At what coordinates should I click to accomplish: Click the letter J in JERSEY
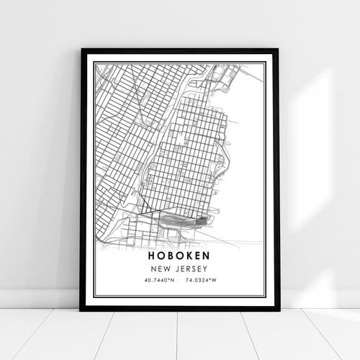coord(176,270)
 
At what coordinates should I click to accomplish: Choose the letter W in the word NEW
coord(167,270)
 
